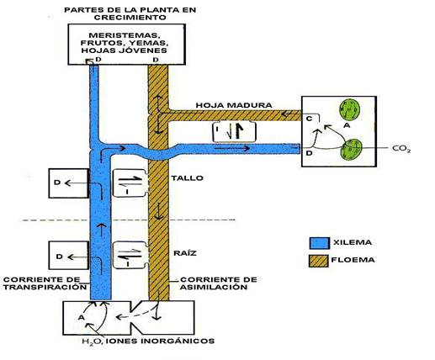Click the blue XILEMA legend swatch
tap(320, 243)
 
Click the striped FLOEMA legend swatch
tap(319, 261)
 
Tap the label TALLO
tap(187, 178)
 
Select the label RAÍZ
tap(185, 253)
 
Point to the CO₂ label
tap(401, 149)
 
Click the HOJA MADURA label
tap(234, 105)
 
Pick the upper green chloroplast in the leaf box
tap(349, 109)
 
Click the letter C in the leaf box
tap(309, 119)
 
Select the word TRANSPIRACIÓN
tap(45, 287)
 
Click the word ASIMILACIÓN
tap(214, 287)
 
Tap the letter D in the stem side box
tap(57, 183)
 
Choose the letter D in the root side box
tap(59, 257)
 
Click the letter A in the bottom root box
tap(81, 318)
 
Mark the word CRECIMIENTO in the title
tap(130, 18)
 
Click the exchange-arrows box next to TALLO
tap(130, 183)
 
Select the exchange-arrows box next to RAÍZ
tap(130, 256)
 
